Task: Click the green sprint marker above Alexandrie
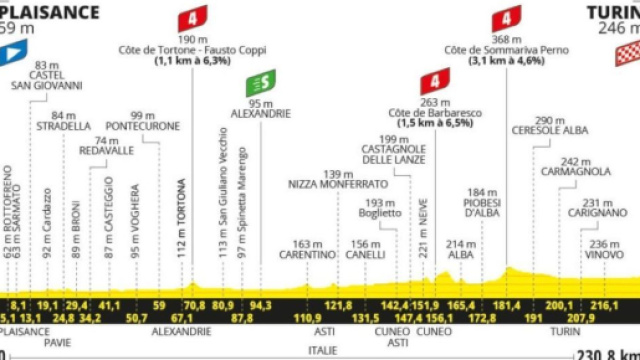coord(261,83)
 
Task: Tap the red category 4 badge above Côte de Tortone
coord(192,19)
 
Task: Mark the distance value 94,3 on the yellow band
coord(261,304)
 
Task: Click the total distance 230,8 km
coord(606,353)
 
